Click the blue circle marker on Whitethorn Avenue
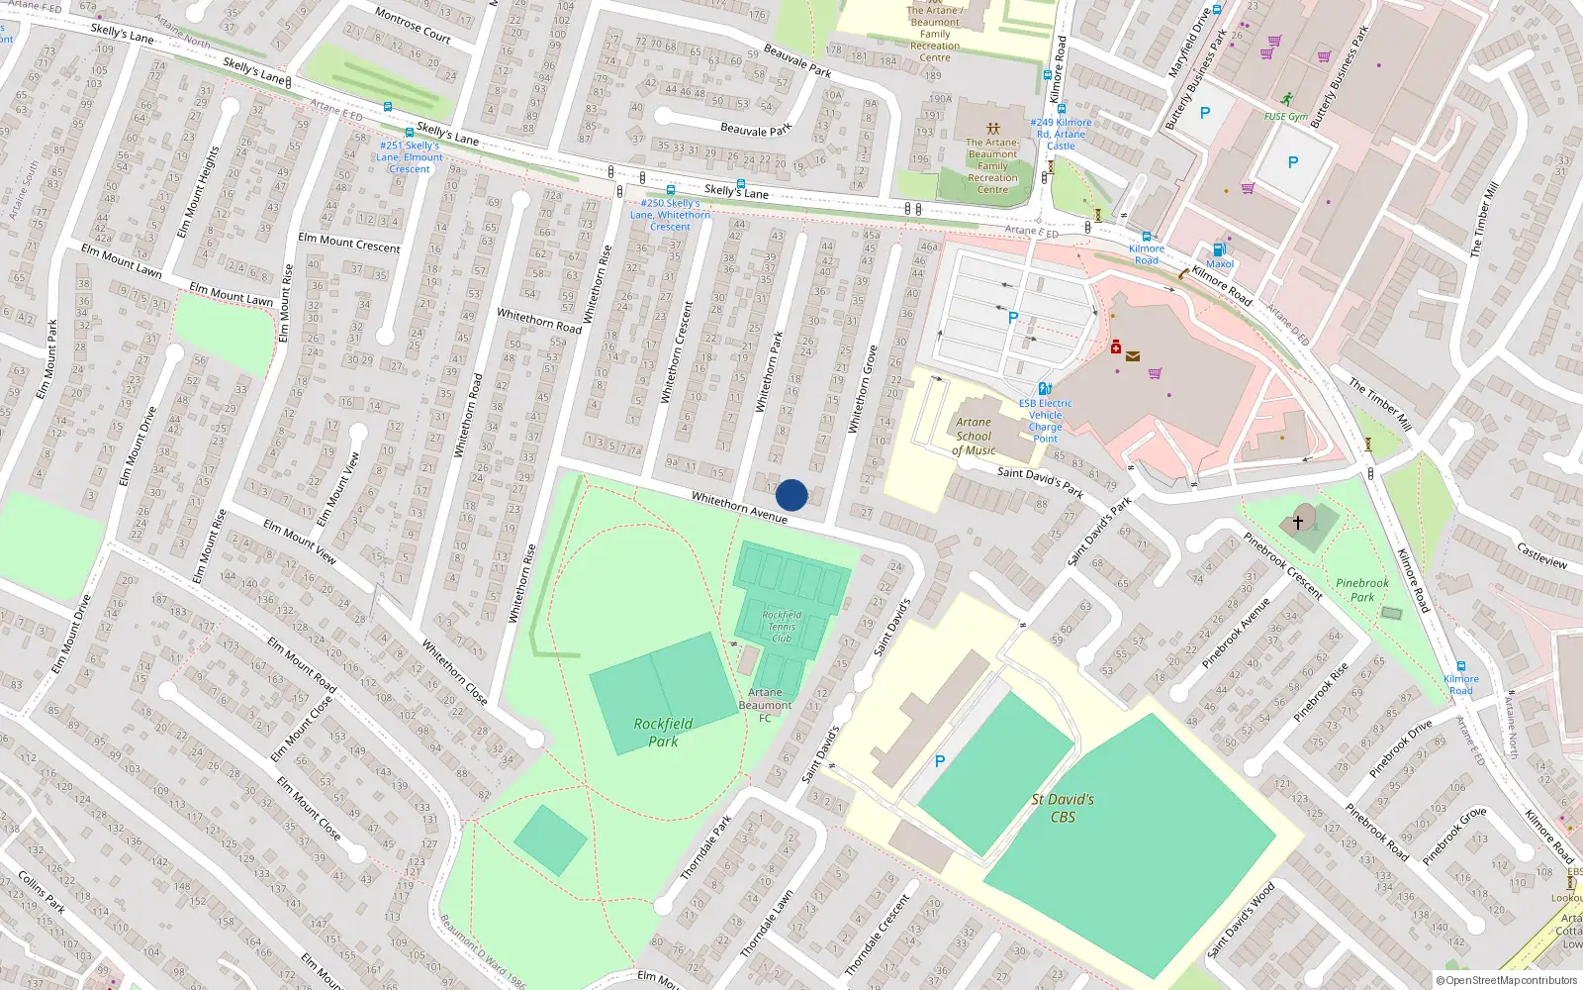pos(791,495)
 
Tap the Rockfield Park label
pos(663,733)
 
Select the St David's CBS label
pos(1063,808)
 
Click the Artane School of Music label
pos(974,437)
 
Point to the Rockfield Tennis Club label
pos(782,627)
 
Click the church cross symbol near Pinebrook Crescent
pos(1298,521)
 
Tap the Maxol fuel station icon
pos(1219,250)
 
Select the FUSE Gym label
pos(1285,116)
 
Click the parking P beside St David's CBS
pos(940,761)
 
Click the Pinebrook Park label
pos(1362,590)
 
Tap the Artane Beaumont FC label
pos(765,705)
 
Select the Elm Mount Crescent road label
pos(349,243)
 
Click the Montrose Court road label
pos(413,25)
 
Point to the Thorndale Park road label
pos(706,848)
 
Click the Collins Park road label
pos(42,891)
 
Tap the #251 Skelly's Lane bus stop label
pos(410,157)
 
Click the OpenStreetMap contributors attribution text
pos(1507,980)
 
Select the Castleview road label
pos(1541,555)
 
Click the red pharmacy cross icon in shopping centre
pos(1116,346)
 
